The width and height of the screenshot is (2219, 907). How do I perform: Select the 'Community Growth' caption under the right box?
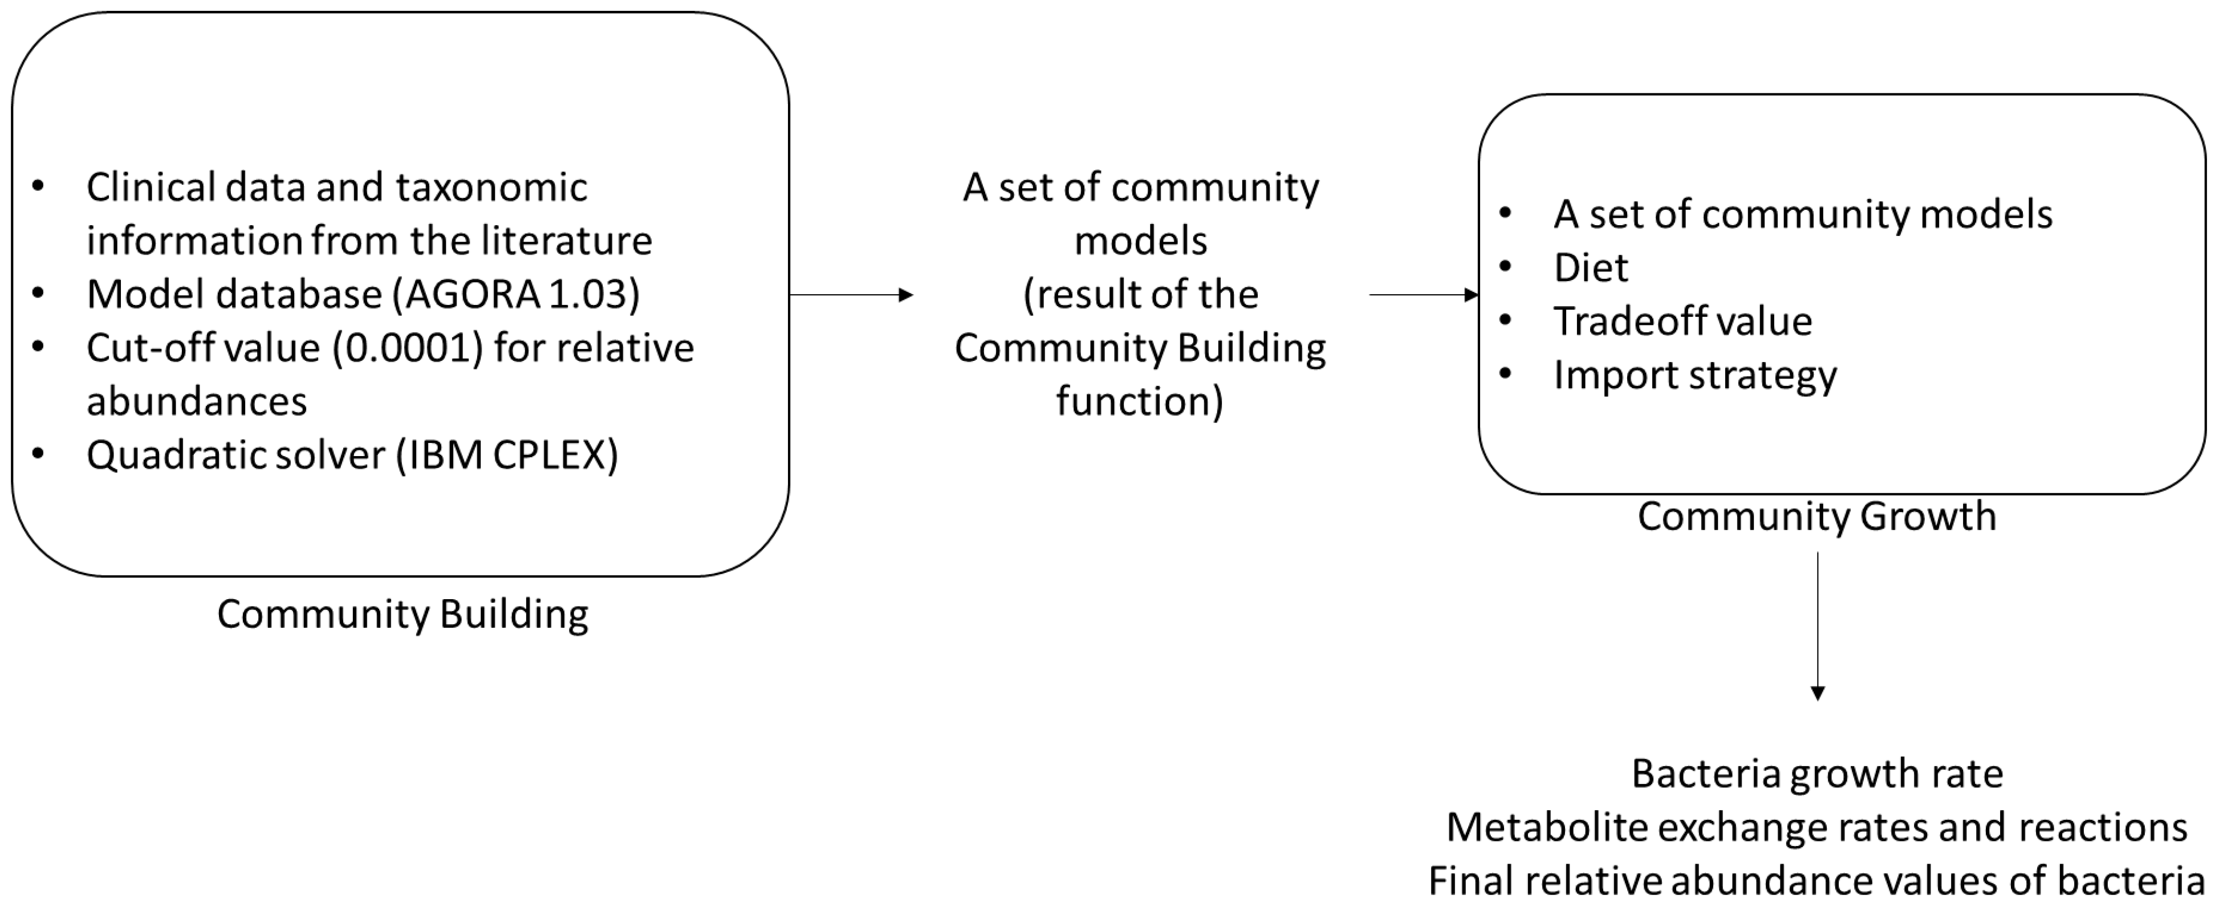pos(1816,517)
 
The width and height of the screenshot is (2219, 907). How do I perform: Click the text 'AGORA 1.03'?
pos(516,295)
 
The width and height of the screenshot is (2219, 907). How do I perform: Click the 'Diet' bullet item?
pos(1590,268)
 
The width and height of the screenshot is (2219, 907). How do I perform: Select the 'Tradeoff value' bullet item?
pos(1682,322)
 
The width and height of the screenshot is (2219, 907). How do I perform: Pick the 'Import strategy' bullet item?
pos(1694,375)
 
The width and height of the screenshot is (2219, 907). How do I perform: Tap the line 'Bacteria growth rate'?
pos(1816,774)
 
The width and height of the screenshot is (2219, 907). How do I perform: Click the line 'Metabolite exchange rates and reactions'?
pos(1816,827)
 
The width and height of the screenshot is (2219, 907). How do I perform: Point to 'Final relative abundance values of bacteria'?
pos(1816,880)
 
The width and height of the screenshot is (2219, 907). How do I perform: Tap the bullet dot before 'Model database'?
pos(38,293)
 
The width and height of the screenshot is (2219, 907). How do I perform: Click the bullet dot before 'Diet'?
pos(1505,266)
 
